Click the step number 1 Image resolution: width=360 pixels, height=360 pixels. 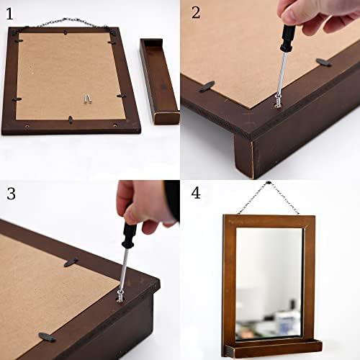9,12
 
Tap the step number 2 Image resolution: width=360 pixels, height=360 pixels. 196,12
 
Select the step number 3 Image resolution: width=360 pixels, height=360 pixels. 10,193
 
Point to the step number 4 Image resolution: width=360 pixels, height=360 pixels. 197,193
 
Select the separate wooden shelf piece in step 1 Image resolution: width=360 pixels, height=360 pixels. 159,79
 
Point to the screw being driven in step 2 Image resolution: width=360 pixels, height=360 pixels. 278,102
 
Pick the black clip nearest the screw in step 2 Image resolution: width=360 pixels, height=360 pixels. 207,87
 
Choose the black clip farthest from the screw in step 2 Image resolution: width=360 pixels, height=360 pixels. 323,63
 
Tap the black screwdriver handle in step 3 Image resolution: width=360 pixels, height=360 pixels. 129,235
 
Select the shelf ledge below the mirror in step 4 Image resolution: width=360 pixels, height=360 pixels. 270,349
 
